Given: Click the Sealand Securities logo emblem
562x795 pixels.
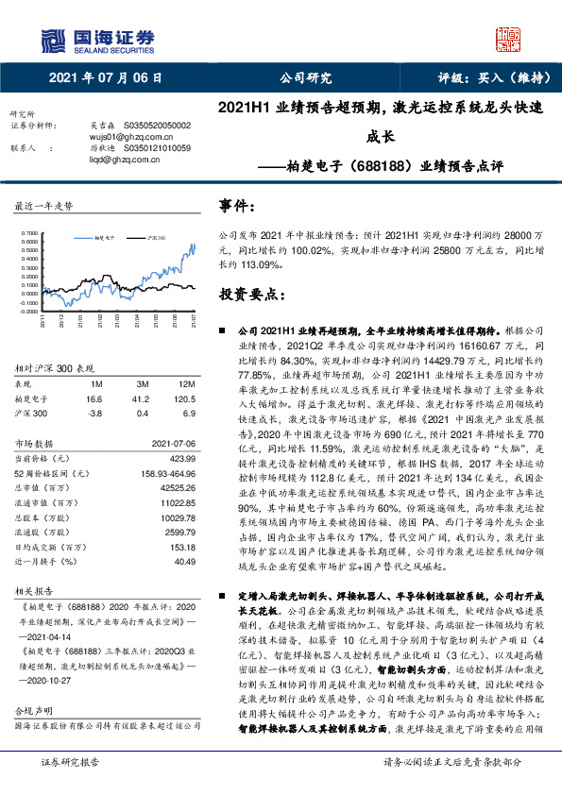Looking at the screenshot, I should click(51, 39).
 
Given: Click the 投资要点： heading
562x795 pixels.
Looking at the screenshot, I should click(249, 295).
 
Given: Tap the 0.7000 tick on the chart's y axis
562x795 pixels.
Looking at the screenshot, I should click(28, 231).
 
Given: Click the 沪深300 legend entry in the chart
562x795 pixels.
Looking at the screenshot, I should click(159, 239).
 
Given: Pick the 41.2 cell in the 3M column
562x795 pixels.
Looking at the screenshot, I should click(141, 399).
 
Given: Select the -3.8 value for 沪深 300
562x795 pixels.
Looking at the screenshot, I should click(94, 414).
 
